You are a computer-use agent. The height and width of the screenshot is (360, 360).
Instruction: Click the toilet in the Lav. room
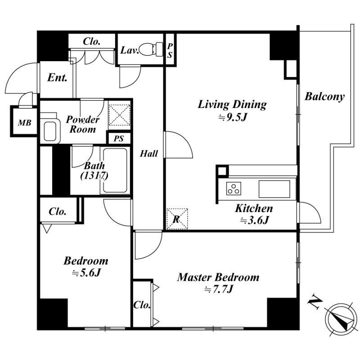[x=151, y=49]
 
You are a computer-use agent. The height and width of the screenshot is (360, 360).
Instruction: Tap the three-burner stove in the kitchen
[x=234, y=188]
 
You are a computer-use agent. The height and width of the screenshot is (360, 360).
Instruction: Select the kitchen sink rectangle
[x=274, y=189]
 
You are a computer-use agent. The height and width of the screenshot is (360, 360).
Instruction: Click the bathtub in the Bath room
[x=115, y=171]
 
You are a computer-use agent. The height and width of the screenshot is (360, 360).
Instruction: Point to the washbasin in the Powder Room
[x=50, y=128]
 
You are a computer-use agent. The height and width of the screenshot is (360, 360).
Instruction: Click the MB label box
[x=25, y=123]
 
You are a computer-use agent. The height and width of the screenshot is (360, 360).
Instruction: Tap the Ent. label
[x=57, y=77]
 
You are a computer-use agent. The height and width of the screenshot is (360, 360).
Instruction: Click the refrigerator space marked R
[x=177, y=219]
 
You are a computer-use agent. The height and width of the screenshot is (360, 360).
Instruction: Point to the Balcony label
[x=324, y=97]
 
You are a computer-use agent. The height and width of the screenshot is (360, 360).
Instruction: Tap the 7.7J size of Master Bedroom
[x=219, y=289]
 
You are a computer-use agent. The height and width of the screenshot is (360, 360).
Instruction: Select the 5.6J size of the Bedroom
[x=86, y=273]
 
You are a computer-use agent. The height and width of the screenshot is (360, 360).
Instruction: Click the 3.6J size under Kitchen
[x=254, y=220]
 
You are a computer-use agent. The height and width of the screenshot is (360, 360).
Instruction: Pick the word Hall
[x=149, y=153]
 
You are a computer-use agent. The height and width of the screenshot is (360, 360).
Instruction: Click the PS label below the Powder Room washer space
[x=119, y=139]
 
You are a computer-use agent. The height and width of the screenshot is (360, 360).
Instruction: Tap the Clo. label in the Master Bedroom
[x=142, y=305]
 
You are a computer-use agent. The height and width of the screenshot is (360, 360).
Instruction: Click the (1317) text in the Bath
[x=94, y=176]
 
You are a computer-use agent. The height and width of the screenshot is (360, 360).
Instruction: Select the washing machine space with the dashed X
[x=119, y=115]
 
